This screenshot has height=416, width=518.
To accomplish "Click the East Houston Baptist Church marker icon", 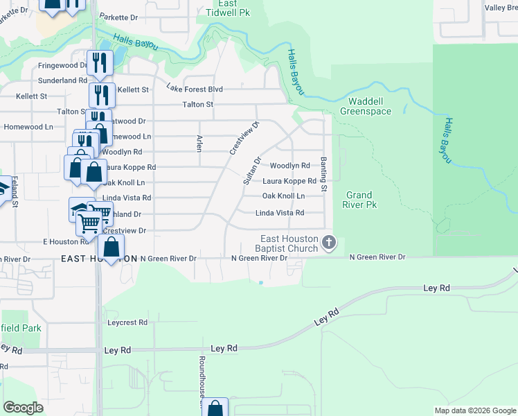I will (x=329, y=243).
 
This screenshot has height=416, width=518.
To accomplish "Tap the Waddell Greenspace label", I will (x=366, y=105).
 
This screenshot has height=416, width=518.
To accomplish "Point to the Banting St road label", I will (x=323, y=175).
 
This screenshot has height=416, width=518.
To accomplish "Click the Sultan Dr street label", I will (x=251, y=171).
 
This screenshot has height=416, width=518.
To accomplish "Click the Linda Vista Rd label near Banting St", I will (x=280, y=213).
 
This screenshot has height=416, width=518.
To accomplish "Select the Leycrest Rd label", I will (x=127, y=322).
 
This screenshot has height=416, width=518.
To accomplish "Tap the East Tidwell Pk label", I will (x=222, y=8).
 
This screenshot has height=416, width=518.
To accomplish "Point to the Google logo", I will (x=23, y=407).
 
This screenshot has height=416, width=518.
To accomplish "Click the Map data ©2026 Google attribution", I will (x=474, y=410).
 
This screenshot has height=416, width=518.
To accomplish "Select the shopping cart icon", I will (x=89, y=223).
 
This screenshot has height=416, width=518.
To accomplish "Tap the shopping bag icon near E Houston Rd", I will (x=111, y=246).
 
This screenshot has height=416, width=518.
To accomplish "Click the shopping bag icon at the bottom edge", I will (x=216, y=408).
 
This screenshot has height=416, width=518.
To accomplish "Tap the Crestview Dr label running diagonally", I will (x=244, y=138).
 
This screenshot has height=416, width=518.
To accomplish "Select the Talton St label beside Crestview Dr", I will (x=197, y=105).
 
